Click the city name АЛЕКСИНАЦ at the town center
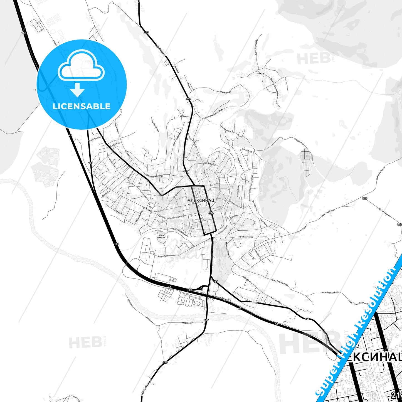pos(197,200)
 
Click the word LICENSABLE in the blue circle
pos(82,106)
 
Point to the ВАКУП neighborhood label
pos(260,73)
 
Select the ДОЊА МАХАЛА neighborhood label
pos(161,236)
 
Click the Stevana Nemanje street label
pos(154,176)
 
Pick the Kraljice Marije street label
pos(300,140)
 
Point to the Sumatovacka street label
pos(246,237)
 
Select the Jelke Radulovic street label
pos(209,164)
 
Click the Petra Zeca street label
pos(163,256)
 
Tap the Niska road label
pos(254,302)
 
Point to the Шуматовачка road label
pos(384,212)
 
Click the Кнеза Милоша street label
pos(224,92)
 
